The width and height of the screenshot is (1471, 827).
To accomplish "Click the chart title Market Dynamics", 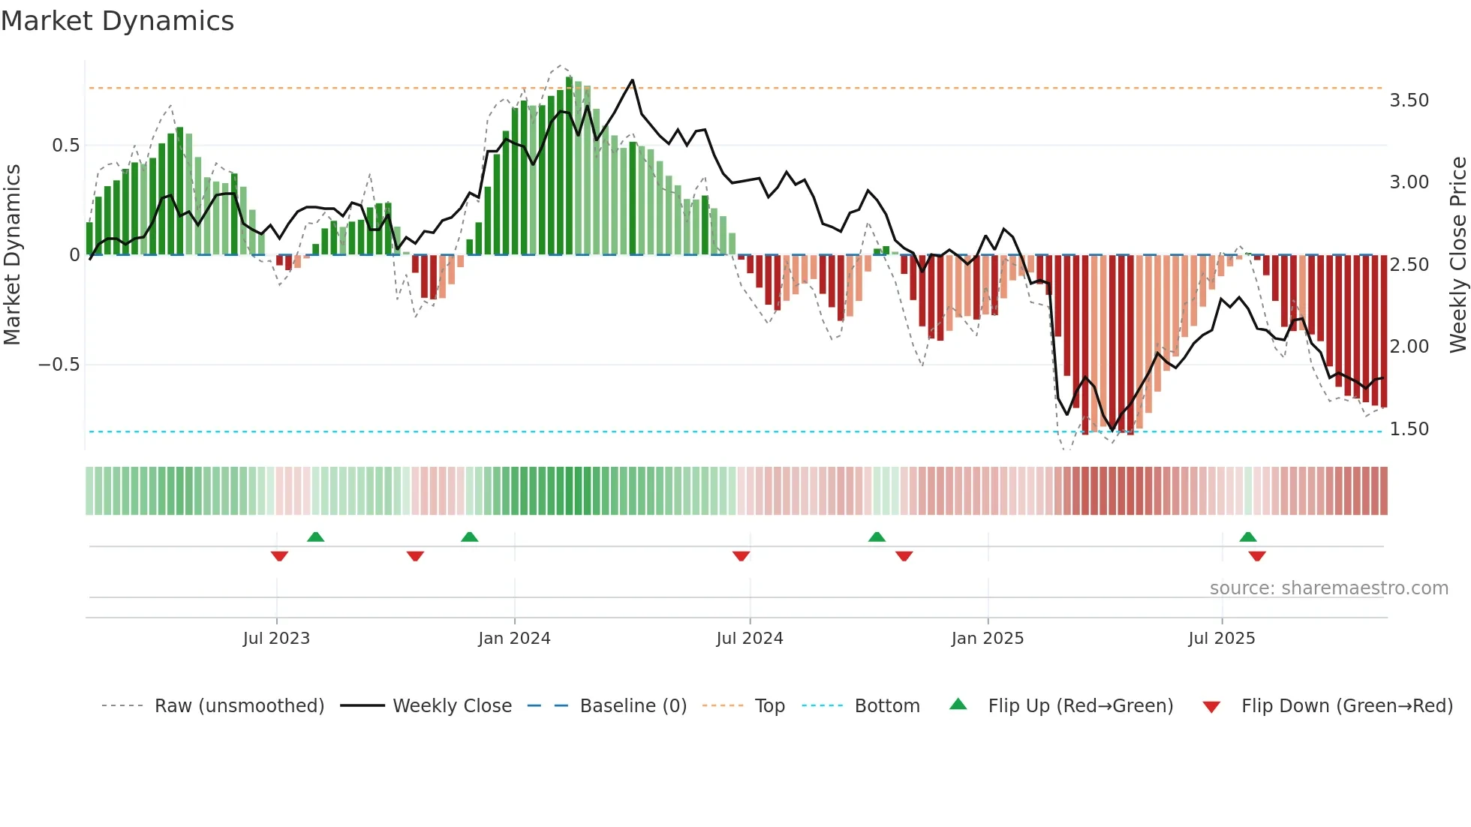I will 117,21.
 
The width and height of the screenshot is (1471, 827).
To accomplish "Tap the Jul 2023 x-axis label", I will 276,639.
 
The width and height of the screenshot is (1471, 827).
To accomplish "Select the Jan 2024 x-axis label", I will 514,639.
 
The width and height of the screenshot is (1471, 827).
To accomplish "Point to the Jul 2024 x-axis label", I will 749,639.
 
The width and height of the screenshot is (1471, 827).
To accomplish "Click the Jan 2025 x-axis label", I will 987,639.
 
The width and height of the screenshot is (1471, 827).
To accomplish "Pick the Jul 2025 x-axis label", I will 1221,639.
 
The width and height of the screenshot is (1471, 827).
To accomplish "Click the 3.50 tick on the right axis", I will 1409,101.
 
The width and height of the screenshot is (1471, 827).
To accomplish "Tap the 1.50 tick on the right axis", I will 1409,429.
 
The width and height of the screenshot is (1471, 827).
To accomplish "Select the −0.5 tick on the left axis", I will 59,365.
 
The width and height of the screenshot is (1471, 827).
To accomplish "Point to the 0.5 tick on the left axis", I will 65,146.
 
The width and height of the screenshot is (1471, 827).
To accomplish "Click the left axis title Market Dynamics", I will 12,255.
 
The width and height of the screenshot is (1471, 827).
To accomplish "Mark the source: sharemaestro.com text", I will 1328,588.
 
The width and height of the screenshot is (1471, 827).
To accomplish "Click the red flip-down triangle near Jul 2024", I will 741,556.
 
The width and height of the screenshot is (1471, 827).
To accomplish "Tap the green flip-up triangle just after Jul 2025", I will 1247,537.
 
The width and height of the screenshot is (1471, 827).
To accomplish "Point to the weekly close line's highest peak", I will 632,80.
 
